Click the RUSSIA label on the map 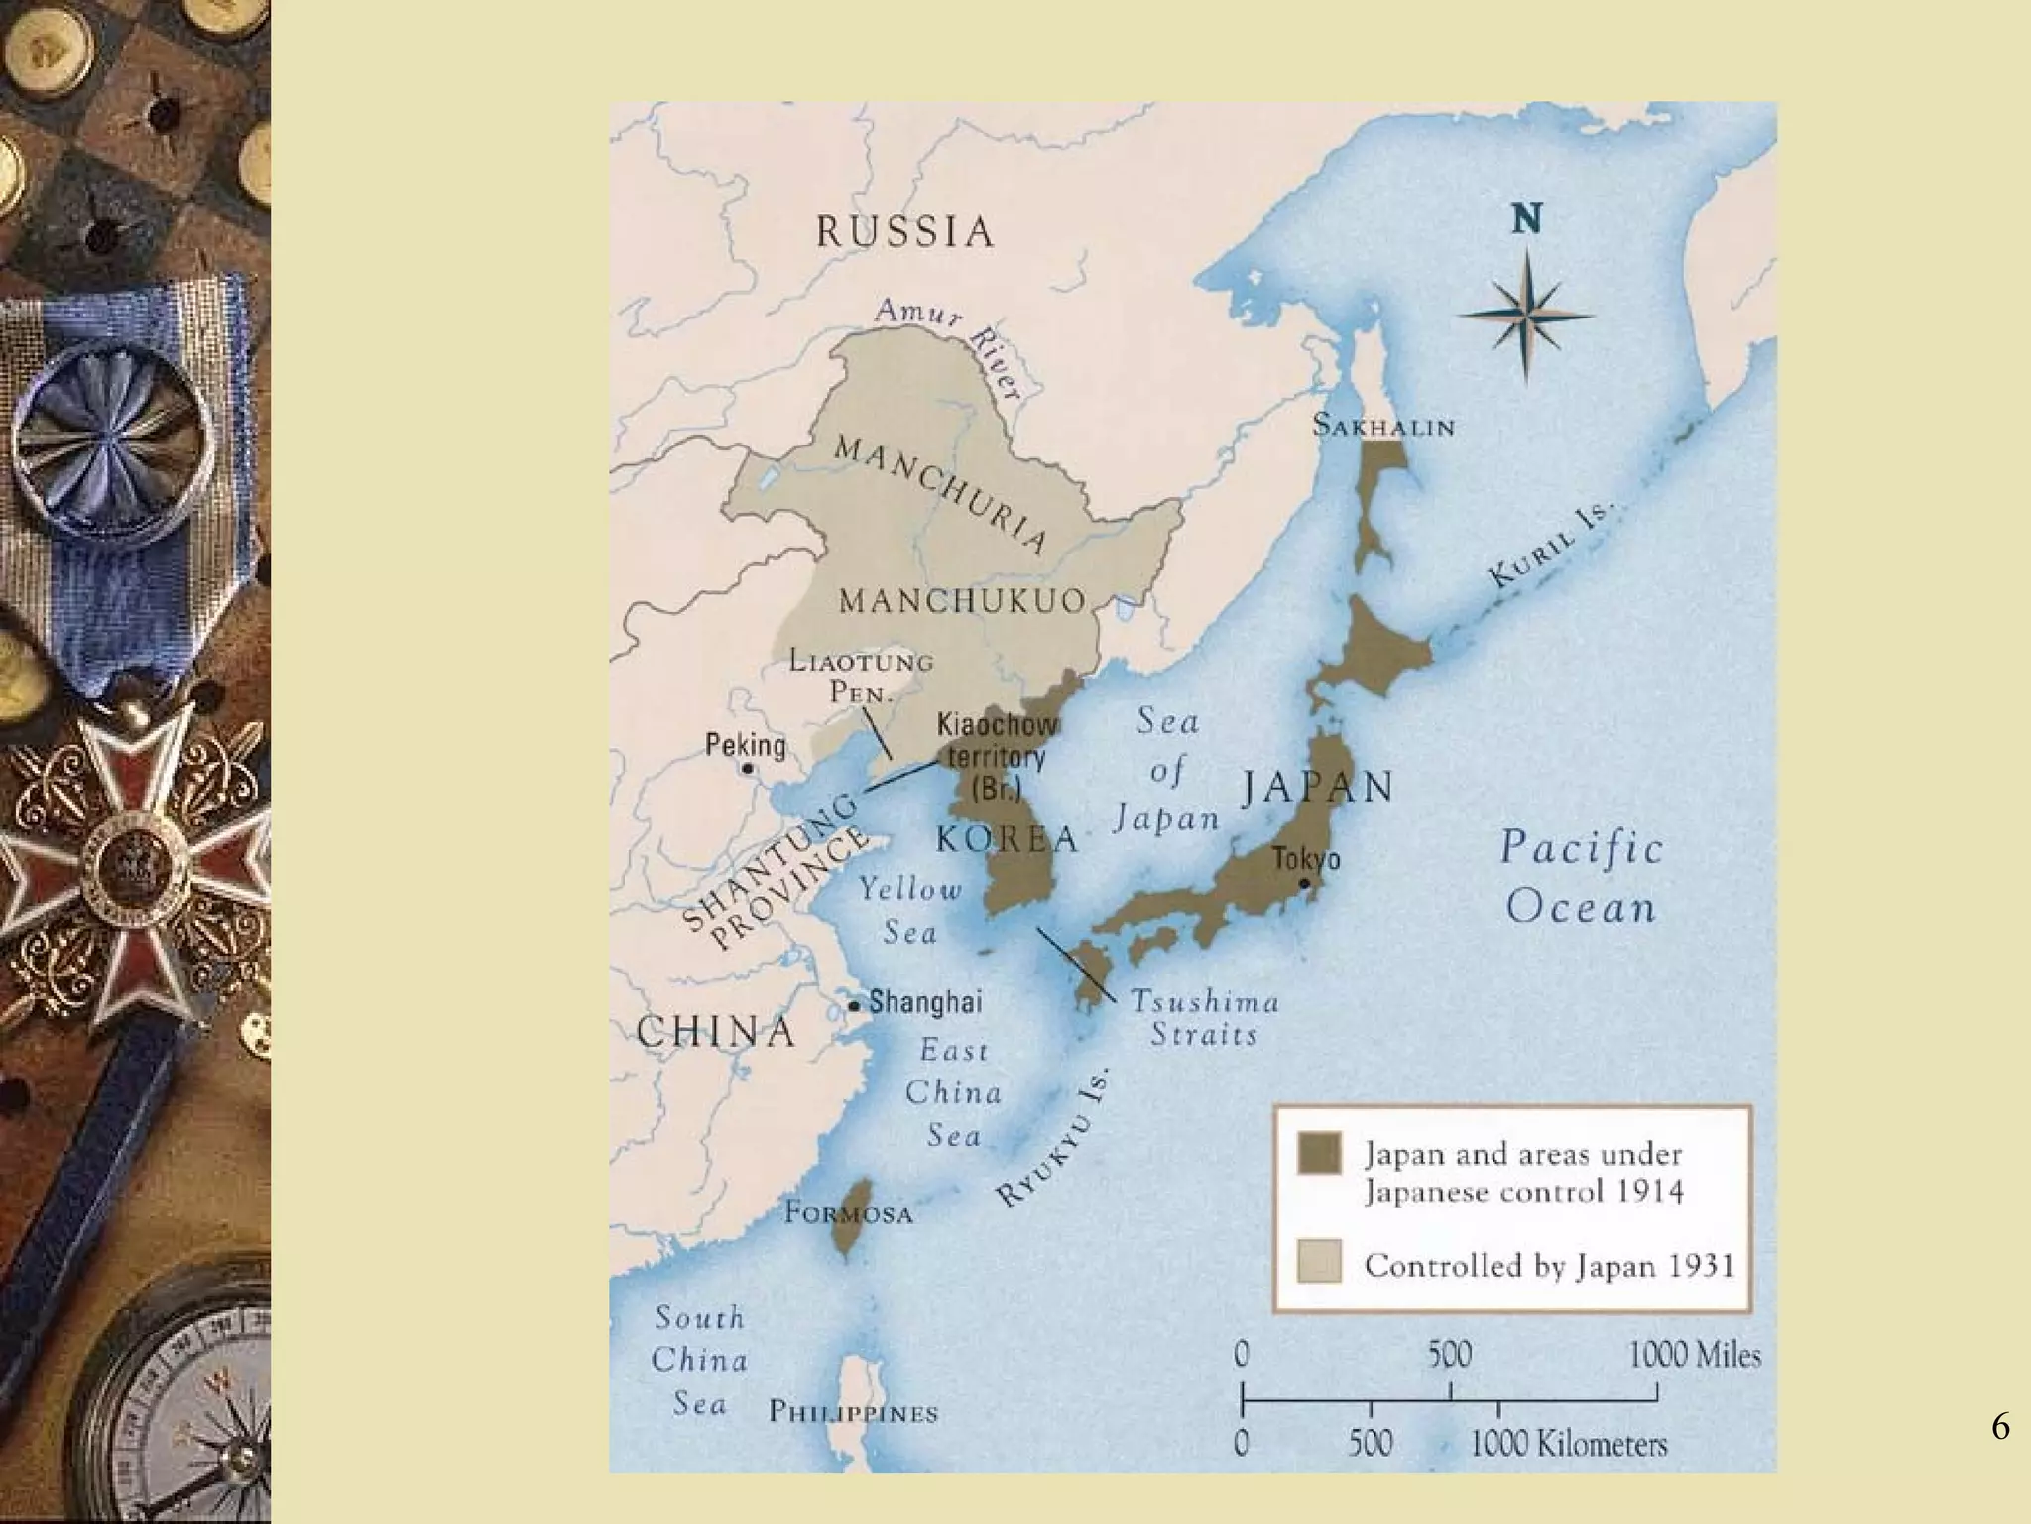[904, 232]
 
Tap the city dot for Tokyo [1304, 883]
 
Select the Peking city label [745, 745]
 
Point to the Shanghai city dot [853, 1006]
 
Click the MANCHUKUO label [962, 601]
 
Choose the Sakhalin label [1383, 427]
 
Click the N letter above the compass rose [1527, 219]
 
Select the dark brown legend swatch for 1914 [1319, 1154]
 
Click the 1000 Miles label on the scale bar [1694, 1355]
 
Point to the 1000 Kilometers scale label [1569, 1444]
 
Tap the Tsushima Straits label [1204, 1018]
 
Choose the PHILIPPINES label [853, 1413]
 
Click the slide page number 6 [2000, 1427]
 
